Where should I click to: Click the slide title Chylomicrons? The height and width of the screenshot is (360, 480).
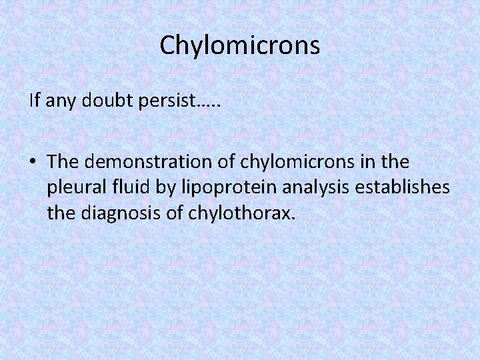click(x=240, y=45)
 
